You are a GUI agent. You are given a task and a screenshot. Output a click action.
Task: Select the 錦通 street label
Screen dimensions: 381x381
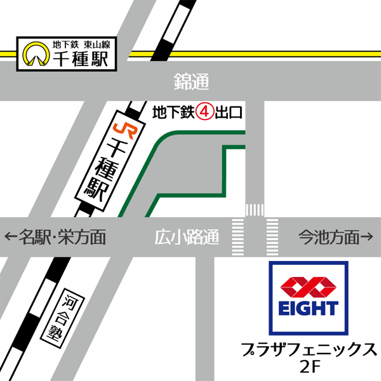pos(191,81)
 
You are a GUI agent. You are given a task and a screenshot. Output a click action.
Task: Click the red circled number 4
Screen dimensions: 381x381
pos(204,112)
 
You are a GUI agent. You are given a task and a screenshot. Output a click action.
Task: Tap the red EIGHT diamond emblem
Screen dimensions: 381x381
pos(309,288)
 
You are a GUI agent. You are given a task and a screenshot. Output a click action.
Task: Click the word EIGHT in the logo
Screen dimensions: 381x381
pos(309,309)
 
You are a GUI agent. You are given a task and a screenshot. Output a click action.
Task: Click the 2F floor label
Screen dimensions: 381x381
pos(309,367)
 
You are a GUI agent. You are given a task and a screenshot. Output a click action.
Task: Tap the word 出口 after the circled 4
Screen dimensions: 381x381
pos(229,113)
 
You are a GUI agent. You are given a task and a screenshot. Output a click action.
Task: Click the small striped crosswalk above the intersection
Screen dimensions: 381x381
pos(254,210)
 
